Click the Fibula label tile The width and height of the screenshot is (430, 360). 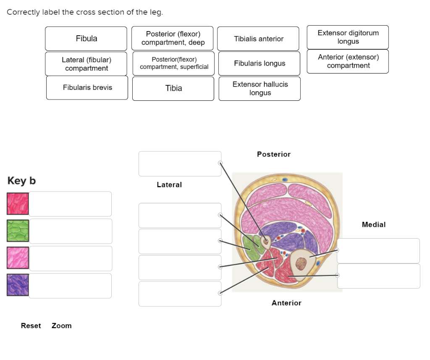[86, 39]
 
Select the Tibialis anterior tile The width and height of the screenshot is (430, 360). [258, 39]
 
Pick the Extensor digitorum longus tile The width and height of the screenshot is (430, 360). [348, 37]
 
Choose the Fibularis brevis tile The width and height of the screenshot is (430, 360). [87, 88]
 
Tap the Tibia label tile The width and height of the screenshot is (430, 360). [173, 88]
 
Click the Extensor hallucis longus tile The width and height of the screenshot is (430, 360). [260, 89]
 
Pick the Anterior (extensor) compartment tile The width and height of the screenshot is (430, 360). [348, 61]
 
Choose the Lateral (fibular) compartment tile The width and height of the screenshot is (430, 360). [86, 64]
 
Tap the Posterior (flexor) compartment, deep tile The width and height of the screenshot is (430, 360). [173, 38]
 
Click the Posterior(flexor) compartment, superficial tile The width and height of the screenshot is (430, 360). [173, 63]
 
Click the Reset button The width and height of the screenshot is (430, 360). [31, 326]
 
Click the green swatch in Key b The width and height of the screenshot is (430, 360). [18, 231]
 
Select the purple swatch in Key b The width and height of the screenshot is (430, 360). [18, 285]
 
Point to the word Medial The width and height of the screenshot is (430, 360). [373, 225]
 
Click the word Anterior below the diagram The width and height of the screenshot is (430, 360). [286, 303]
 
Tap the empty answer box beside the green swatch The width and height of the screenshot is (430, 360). [71, 231]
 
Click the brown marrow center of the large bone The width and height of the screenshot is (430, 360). [301, 263]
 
